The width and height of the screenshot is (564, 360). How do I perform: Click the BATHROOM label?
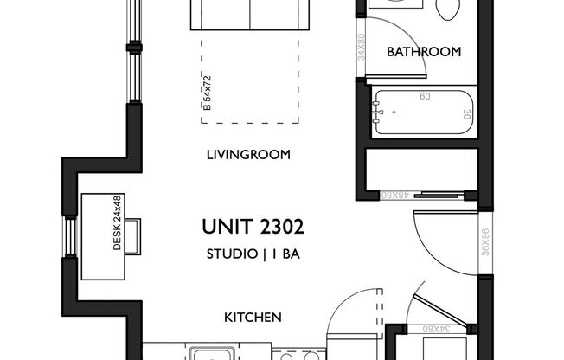click(424, 52)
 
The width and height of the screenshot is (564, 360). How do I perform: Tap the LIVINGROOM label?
click(247, 156)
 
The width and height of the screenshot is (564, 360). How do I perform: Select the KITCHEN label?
click(253, 318)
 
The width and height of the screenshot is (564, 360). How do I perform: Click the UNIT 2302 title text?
click(253, 228)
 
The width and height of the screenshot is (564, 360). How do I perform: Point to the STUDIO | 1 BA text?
click(253, 254)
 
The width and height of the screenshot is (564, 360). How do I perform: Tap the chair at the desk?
click(132, 235)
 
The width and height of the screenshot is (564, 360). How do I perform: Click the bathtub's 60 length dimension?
click(424, 97)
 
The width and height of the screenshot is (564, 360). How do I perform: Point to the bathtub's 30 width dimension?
click(466, 112)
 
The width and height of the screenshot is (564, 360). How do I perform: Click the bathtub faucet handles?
click(379, 112)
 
